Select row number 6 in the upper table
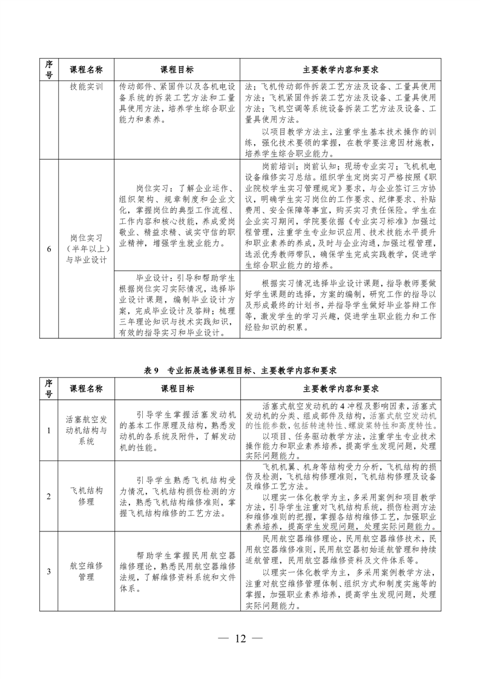tap(49, 249)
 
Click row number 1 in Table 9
tap(49, 430)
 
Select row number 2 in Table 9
tap(49, 496)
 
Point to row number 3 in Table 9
tap(49, 571)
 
